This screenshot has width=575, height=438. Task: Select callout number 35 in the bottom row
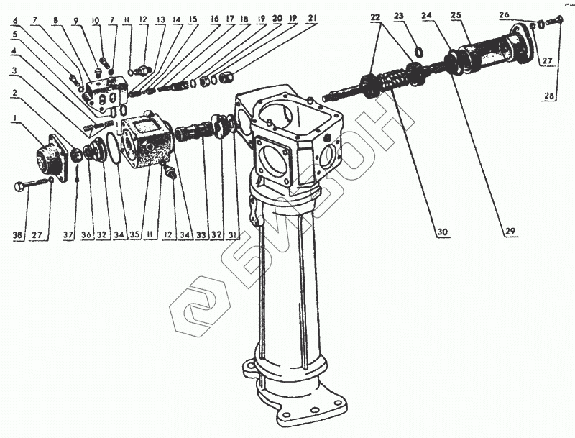pyautogui.click(x=134, y=234)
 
